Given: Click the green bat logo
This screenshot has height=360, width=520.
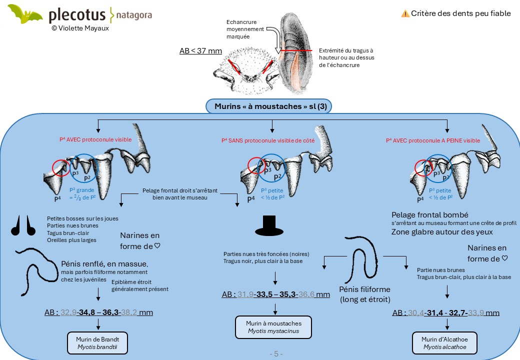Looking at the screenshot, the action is [x=24, y=14].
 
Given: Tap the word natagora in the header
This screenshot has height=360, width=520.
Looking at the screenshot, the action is [x=134, y=15].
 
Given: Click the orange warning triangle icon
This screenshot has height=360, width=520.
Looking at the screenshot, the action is [x=405, y=13].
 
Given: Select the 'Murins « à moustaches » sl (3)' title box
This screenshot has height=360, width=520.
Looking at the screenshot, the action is [x=268, y=106].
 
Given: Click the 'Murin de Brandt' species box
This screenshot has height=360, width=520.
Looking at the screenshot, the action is [x=97, y=343].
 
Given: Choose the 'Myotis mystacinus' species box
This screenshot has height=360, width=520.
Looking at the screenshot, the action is [x=273, y=327].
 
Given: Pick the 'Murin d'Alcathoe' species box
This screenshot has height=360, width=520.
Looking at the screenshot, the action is [x=444, y=343].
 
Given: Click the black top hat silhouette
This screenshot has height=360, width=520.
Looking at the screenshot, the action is [x=269, y=225].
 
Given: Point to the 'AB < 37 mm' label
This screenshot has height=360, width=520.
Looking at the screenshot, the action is [x=200, y=50].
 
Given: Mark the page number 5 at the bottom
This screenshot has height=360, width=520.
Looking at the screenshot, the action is [x=276, y=354].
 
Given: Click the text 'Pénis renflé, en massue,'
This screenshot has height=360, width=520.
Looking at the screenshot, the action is [x=104, y=264].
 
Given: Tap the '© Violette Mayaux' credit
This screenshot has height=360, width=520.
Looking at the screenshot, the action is [x=80, y=28].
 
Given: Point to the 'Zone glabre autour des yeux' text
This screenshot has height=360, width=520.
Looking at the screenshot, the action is [x=442, y=232].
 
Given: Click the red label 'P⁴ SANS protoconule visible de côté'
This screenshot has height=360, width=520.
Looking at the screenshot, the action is [x=268, y=140].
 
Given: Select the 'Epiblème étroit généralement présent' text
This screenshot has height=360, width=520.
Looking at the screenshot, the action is [x=140, y=285].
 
